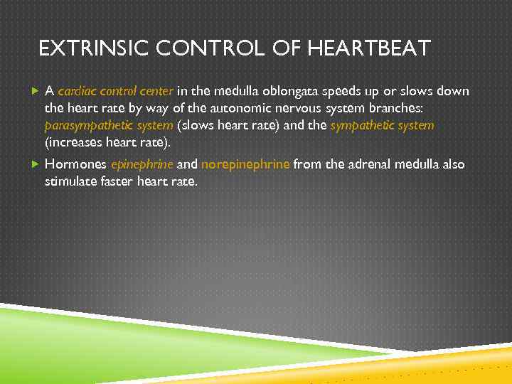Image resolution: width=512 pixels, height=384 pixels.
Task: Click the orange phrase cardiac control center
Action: pyautogui.click(x=116, y=91)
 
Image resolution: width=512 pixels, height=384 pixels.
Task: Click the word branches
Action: pyautogui.click(x=390, y=108)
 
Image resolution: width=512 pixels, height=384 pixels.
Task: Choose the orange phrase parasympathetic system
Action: pyautogui.click(x=109, y=125)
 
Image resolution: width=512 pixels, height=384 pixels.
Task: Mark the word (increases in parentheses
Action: pyautogui.click(x=73, y=142)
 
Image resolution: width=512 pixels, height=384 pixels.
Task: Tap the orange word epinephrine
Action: pyautogui.click(x=142, y=164)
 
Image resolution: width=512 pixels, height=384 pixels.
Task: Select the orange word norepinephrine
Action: pyautogui.click(x=245, y=164)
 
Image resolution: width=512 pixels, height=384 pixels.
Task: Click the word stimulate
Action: pyautogui.click(x=73, y=181)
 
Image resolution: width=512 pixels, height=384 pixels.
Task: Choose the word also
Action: pyautogui.click(x=453, y=164)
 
